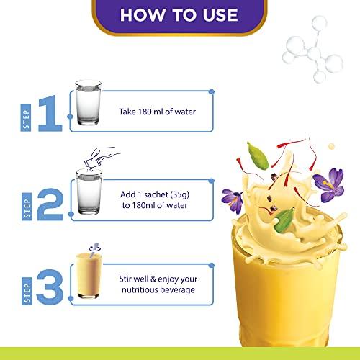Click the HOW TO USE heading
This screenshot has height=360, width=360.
(x=179, y=15)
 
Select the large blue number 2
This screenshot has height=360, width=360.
(x=50, y=204)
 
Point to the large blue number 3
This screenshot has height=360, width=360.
(x=50, y=287)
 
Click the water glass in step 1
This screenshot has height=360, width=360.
(x=88, y=103)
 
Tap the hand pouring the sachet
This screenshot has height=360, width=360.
(x=102, y=156)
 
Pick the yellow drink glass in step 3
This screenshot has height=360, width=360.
(x=89, y=276)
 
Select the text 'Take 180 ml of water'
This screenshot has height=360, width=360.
(x=158, y=112)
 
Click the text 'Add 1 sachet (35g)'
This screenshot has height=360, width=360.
(x=155, y=194)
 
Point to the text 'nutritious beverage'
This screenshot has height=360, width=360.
(x=158, y=290)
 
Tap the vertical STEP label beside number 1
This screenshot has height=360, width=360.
(x=26, y=117)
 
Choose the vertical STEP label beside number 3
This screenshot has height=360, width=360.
(x=27, y=291)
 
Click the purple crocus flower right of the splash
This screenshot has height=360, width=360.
(x=328, y=184)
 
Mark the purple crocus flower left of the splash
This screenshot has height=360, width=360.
(x=233, y=201)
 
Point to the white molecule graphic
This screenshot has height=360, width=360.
(x=312, y=50)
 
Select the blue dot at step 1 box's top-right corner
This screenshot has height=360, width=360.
(x=212, y=91)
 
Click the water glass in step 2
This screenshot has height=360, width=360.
(x=89, y=192)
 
